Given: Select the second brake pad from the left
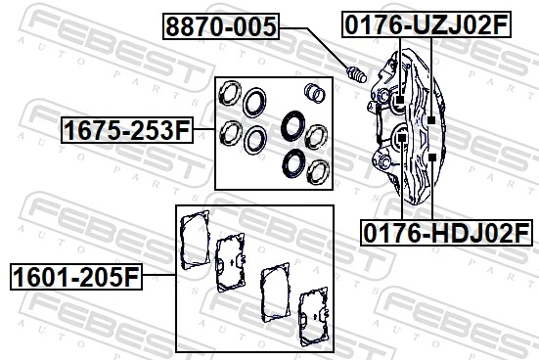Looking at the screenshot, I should pyautogui.click(x=232, y=262).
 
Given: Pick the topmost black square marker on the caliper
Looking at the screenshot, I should pyautogui.click(x=401, y=100).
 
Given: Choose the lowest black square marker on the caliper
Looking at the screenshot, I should pyautogui.click(x=430, y=157).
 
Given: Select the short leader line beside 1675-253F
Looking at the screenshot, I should pyautogui.click(x=202, y=129).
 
